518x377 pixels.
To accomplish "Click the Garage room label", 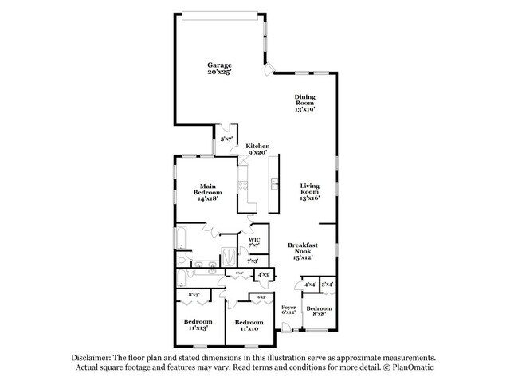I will tap(220, 69).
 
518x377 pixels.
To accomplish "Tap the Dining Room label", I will tap(305, 103).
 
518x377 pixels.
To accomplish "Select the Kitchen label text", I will tap(257, 149).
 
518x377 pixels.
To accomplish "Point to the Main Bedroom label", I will tap(207, 192).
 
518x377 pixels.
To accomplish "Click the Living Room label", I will tap(309, 192).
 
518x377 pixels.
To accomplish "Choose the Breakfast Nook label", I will tap(303, 251).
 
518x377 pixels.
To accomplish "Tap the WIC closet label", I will tap(254, 242).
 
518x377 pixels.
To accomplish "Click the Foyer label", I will tap(288, 309).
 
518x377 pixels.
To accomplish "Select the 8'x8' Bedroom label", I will tap(319, 311).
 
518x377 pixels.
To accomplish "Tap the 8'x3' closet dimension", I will tap(194, 295).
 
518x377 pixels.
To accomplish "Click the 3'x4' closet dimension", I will tap(327, 283).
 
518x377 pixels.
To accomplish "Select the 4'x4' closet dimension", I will tap(309, 283).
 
